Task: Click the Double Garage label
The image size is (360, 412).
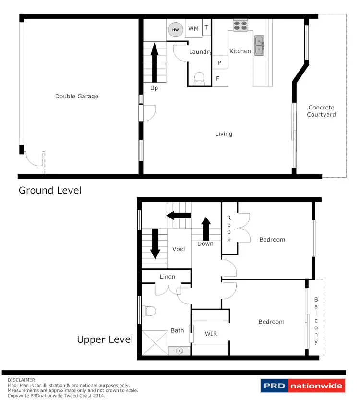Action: [x=76, y=97]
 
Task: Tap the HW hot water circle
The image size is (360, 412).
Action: [x=175, y=30]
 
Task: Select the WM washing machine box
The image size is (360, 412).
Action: [x=193, y=29]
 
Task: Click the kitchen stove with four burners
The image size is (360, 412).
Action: [x=240, y=25]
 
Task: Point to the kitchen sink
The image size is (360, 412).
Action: [x=260, y=46]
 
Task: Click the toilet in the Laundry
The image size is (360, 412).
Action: [x=198, y=78]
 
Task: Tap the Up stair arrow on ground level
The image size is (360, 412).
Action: [x=154, y=63]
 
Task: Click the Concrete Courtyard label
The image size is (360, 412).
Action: [x=321, y=111]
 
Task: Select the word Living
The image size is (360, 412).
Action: [x=224, y=134]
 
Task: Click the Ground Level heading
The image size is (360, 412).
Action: [x=50, y=190]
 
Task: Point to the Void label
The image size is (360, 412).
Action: [x=179, y=249]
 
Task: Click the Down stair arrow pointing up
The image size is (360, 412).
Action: [x=206, y=229]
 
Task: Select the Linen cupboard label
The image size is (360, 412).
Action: [x=168, y=277]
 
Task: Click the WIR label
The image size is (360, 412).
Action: [x=211, y=333]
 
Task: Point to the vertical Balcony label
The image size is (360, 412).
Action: [x=316, y=320]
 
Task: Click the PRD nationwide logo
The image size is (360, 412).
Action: [x=302, y=386]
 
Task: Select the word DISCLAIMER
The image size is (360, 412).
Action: [x=22, y=379]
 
